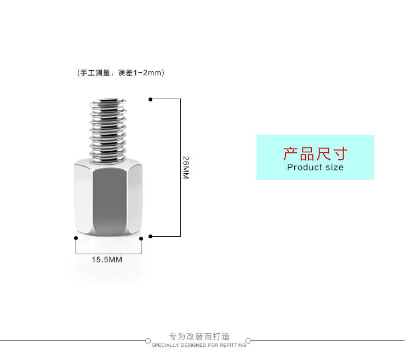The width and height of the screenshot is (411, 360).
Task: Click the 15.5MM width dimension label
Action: pyautogui.click(x=107, y=260)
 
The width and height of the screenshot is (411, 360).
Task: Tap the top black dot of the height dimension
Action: pyautogui.click(x=150, y=99)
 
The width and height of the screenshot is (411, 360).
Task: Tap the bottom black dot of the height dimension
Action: pyautogui.click(x=150, y=236)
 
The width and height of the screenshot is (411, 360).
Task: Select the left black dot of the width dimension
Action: pyautogui.click(x=76, y=238)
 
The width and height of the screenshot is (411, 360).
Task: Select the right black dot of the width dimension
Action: pyautogui.click(x=141, y=238)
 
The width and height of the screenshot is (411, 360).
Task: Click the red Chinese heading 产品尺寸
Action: pyautogui.click(x=315, y=153)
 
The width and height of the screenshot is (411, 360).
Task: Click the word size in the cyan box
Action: pyautogui.click(x=334, y=167)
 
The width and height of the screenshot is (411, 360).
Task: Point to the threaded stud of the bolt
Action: pyautogui.click(x=108, y=132)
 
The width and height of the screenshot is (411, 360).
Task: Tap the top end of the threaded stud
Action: pyautogui.click(x=108, y=101)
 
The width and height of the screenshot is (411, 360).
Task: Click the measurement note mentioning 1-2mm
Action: pyautogui.click(x=121, y=73)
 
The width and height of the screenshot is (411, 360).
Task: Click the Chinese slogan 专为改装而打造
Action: pyautogui.click(x=199, y=336)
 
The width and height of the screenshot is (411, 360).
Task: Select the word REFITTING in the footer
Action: pyautogui.click(x=233, y=345)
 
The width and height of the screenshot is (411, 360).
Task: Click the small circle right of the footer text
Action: pyautogui.click(x=248, y=341)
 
